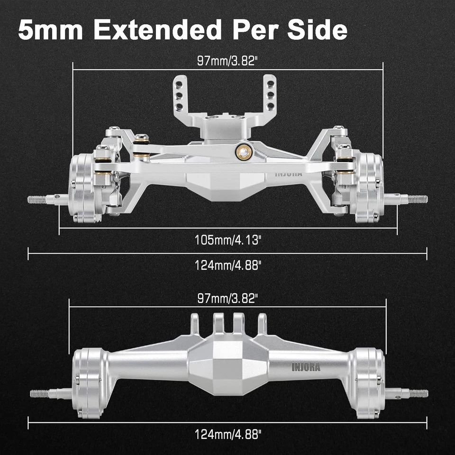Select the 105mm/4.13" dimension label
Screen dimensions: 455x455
pos(228,240)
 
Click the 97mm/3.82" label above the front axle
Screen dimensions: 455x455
pos(228,61)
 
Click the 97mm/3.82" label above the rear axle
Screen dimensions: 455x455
pos(228,299)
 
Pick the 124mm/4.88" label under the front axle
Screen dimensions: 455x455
pos(228,265)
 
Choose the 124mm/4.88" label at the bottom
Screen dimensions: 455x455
pos(228,433)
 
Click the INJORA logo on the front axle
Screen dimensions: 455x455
pos(289,174)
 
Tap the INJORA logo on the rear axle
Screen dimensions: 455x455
pos(306,367)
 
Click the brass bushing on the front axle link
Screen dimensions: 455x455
pos(242,151)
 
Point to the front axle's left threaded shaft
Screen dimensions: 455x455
pos(40,200)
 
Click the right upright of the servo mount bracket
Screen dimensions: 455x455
pos(271,92)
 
